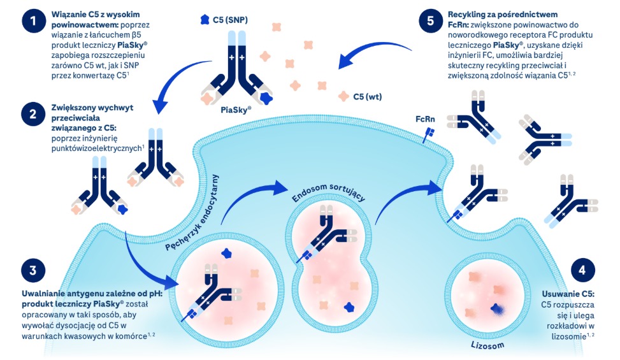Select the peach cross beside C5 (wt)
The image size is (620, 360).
[345, 97]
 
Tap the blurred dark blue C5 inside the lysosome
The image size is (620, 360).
[495, 310]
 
